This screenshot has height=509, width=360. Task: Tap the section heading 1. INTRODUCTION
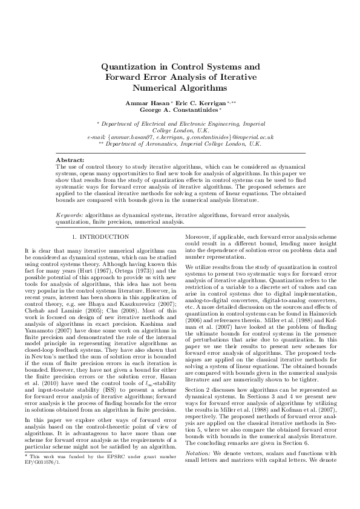pos(108,238)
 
